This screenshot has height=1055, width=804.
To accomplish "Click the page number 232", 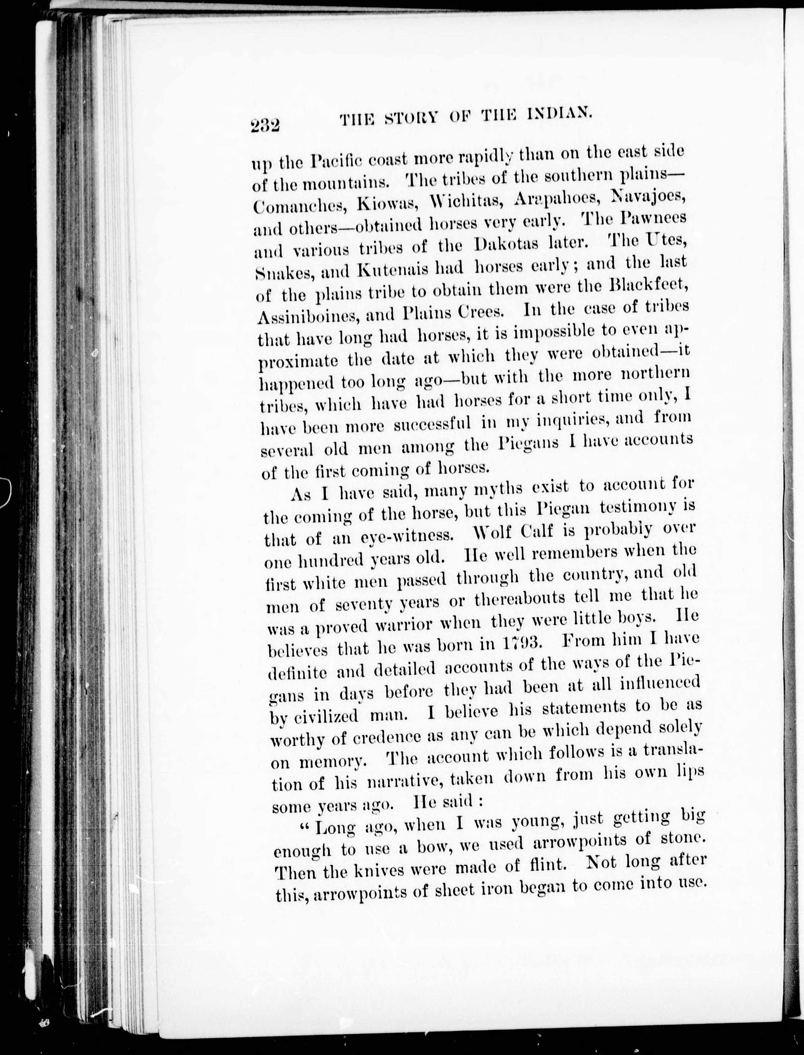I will click(264, 126).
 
